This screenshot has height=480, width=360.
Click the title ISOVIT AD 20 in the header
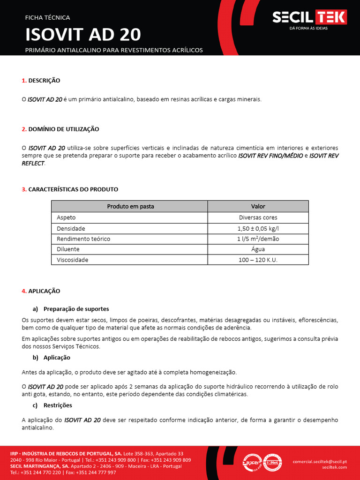(83, 35)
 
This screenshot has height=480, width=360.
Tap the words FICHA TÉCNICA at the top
(47, 18)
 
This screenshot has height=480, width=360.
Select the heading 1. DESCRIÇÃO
(41, 81)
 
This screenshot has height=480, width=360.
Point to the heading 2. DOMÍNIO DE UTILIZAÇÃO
(60, 129)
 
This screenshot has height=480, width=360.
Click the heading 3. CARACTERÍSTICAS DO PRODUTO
(70, 189)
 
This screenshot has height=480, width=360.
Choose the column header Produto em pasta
(130, 206)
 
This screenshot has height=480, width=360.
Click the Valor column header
(258, 206)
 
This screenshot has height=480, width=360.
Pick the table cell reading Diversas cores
(258, 217)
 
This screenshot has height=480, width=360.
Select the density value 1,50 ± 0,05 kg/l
(258, 228)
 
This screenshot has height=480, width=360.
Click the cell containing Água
(258, 249)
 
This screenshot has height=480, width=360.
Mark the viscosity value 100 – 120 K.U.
(258, 260)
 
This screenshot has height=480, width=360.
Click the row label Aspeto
(66, 217)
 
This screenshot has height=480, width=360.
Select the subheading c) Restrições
(52, 405)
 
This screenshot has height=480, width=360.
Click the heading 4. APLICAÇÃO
(41, 291)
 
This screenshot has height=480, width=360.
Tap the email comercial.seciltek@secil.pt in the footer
(320, 461)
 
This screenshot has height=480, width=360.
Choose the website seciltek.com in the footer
(334, 467)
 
